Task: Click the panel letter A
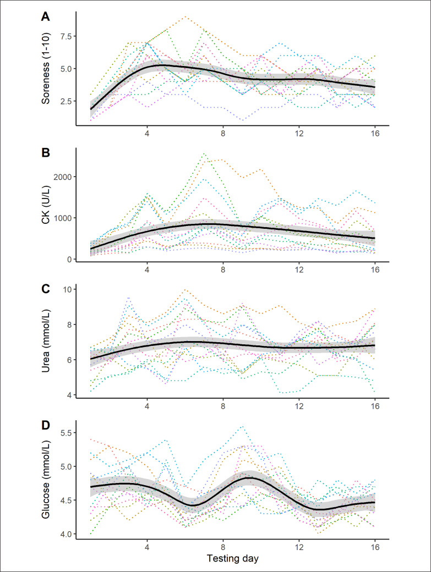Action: pos(46,17)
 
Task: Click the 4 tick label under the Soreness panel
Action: pos(147,135)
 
